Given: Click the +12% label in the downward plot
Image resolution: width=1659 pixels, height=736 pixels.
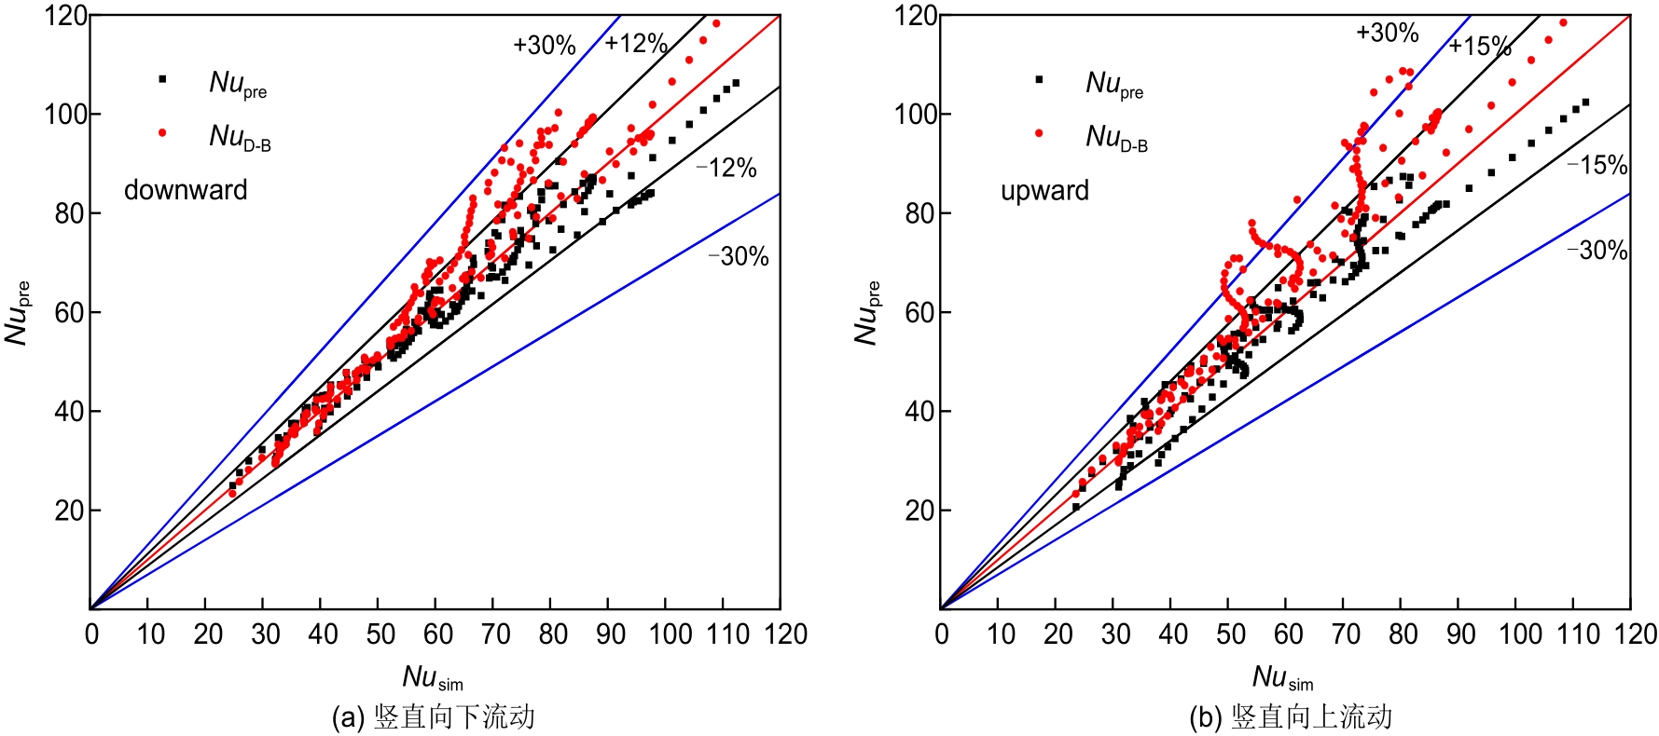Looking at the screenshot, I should pos(636,43).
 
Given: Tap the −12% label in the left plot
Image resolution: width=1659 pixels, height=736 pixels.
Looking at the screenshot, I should pos(726,168).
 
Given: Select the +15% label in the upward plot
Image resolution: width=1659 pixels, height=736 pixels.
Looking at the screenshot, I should pos(1480,46).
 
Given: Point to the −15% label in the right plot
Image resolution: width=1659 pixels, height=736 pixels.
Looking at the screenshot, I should pos(1597,165).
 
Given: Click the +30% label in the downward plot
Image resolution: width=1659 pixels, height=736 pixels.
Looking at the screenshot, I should pos(545,45).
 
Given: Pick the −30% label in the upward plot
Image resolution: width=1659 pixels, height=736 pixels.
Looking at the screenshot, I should pos(1597,250).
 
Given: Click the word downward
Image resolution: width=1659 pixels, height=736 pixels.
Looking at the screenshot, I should pos(186,190).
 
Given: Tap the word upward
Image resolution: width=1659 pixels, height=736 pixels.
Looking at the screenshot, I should pos(1044,190).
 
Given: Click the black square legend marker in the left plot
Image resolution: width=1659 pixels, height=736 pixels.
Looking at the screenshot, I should pos(162,79).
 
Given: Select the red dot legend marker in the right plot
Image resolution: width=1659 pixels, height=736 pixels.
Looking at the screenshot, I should pos(1039,133).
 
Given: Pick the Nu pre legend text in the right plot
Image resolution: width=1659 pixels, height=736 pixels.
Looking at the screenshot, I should pos(1114,84).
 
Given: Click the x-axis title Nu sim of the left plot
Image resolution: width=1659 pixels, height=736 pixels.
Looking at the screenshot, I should pos(433,677).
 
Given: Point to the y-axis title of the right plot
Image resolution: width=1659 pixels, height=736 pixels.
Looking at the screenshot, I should pos(867,312).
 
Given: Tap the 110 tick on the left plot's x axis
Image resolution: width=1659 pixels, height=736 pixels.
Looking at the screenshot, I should pos(727,634).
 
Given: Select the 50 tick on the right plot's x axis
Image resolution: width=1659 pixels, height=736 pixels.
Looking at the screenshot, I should pos(1231,634).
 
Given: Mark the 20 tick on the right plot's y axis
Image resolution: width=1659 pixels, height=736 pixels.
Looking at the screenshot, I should pos(919,511).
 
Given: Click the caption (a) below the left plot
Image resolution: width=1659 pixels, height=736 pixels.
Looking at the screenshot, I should pos(434,716).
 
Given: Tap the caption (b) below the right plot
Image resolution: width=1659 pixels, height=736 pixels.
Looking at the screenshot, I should pos(1291,716).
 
